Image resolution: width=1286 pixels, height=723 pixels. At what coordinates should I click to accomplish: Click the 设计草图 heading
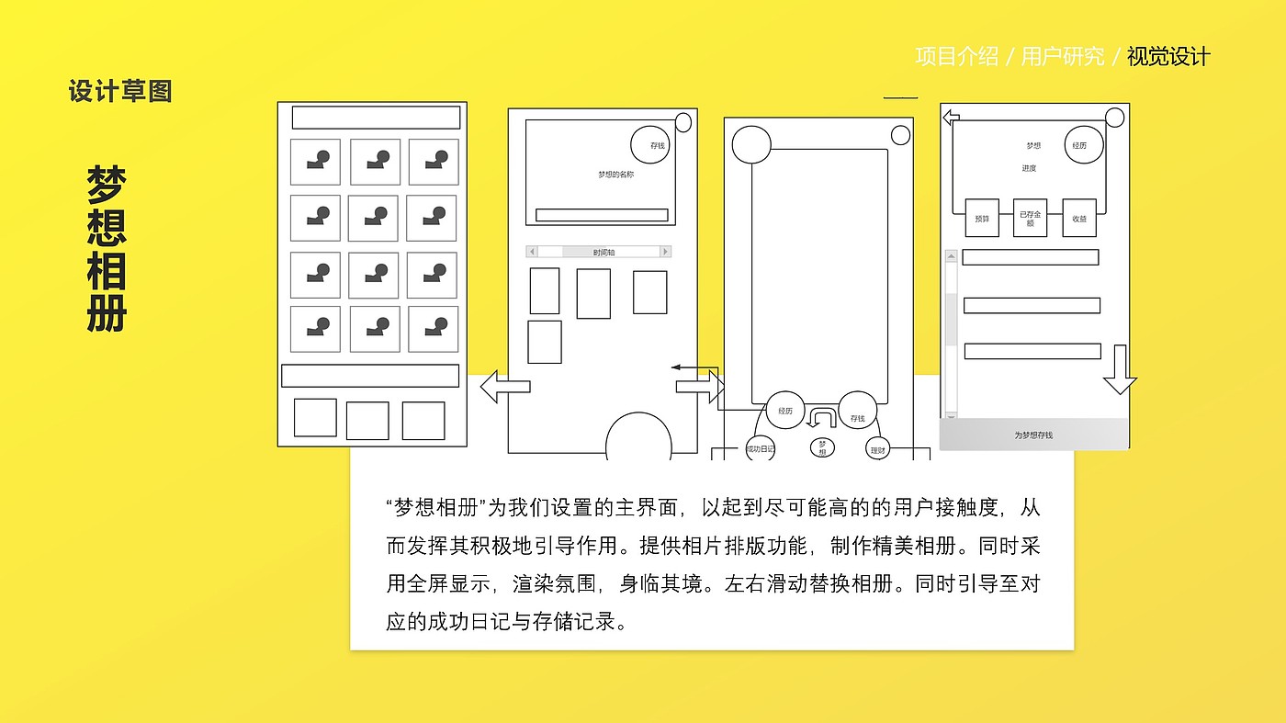pos(120,91)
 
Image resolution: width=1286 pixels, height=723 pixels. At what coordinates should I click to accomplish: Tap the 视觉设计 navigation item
pos(1168,57)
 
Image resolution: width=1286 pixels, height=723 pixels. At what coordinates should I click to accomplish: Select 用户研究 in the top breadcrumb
pos(1063,57)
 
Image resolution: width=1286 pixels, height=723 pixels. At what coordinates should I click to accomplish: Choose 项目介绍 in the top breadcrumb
pos(956,57)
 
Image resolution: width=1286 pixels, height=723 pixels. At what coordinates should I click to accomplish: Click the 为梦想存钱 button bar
pos(1033,435)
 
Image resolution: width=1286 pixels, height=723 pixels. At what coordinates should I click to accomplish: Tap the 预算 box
pos(982,219)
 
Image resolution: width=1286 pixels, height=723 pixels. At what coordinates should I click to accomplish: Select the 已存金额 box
pos(1030,219)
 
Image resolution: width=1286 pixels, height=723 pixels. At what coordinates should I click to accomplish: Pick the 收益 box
pos(1078,219)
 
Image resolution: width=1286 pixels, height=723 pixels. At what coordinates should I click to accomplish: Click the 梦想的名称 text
pos(615,175)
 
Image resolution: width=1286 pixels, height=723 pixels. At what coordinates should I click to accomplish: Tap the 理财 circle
pos(878,449)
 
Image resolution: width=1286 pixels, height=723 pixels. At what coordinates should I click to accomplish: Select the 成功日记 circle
pos(761,448)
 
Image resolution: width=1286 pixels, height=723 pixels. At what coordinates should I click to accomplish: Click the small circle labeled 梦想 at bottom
pos(822,447)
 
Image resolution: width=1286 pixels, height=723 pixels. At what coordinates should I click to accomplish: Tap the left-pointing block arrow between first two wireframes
pos(504,387)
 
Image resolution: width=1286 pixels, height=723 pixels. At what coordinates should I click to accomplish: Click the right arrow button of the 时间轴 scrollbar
pos(666,252)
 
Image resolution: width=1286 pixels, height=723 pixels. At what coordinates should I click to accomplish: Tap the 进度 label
pos(1029,169)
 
